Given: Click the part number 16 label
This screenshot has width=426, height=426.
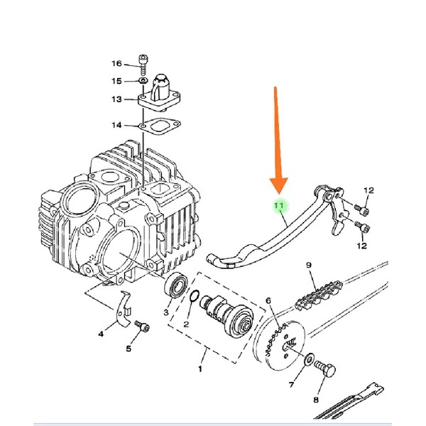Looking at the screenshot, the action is (117, 64).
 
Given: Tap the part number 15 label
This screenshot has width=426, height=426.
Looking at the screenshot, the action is (117, 81).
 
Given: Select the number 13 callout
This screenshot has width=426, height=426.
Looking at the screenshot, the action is (117, 99).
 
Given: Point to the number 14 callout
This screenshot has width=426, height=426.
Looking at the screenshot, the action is (117, 125).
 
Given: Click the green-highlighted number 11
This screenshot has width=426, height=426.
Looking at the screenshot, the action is (279, 205).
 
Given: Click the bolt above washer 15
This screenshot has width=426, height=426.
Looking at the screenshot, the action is (143, 65).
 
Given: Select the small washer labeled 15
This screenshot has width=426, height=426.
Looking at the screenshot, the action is (143, 81).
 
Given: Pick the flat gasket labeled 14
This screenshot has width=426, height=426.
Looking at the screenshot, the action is (160, 126).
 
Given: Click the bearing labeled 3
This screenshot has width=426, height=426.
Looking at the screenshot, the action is (177, 285).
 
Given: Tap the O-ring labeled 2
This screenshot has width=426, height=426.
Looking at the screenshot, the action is (195, 295).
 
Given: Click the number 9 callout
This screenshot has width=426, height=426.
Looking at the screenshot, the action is (309, 265).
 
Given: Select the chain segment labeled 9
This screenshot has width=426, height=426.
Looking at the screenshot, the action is (318, 296).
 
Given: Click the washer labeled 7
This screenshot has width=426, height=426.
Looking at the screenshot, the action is (309, 359).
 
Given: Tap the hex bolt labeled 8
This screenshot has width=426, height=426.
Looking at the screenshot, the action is (325, 369).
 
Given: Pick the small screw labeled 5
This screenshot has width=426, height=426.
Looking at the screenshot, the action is (142, 327).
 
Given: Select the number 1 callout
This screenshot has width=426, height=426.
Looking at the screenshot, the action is (200, 369).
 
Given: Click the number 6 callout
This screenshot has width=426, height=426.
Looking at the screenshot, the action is (268, 301).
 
